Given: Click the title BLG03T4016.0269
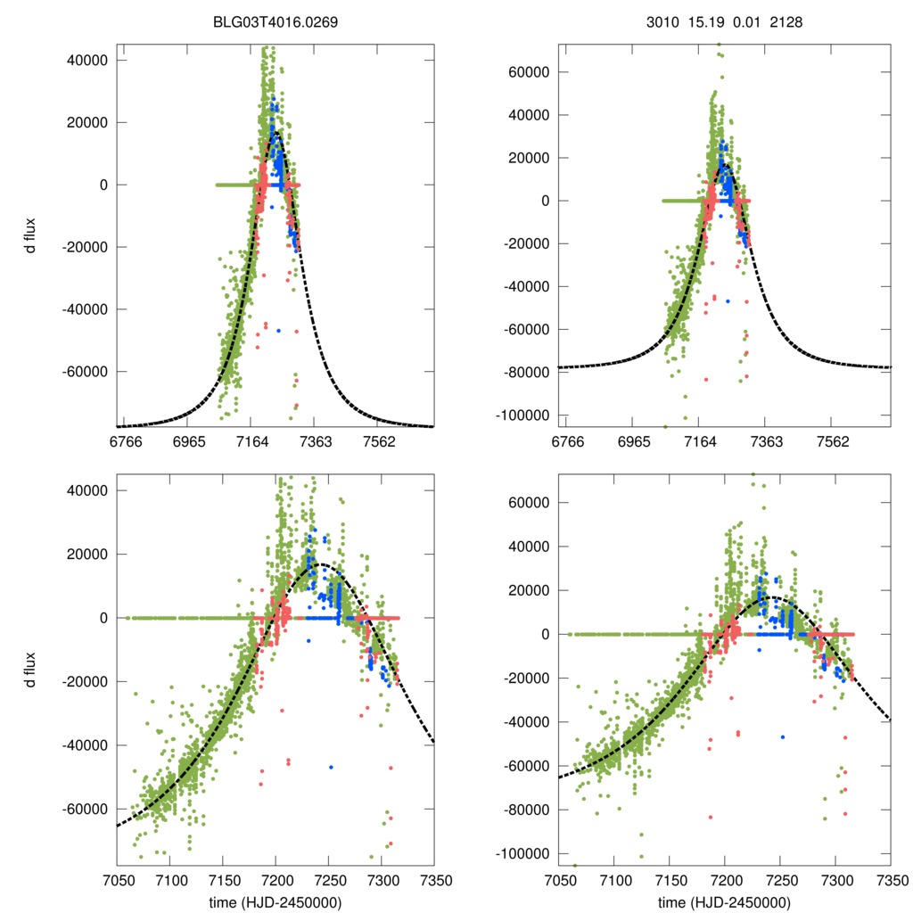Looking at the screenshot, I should (x=276, y=23).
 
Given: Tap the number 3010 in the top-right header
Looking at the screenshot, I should (x=662, y=23).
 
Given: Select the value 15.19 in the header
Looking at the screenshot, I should (x=703, y=23).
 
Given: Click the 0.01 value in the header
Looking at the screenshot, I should (x=745, y=23).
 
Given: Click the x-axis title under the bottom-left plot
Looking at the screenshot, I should (x=276, y=902).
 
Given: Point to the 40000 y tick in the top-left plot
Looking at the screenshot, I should (x=89, y=61).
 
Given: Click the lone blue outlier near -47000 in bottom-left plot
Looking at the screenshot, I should (x=331, y=767).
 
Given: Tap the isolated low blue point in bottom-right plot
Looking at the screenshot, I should (x=783, y=736).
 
